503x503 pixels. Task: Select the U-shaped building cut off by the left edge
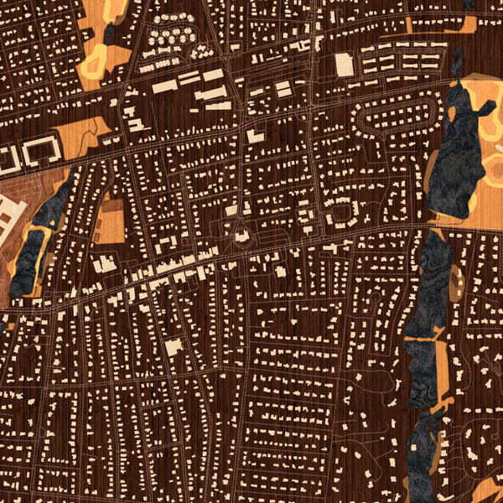pyautogui.click(x=7, y=157)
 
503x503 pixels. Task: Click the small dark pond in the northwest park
pyautogui.click(x=109, y=34)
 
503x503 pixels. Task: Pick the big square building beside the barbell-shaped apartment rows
pyautogui.click(x=345, y=64)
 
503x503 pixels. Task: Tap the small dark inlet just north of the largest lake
pyautogui.click(x=458, y=63)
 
